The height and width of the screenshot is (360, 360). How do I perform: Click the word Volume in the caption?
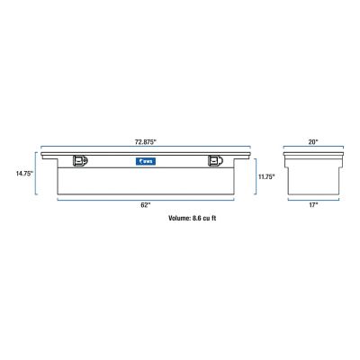pos(182,218)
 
